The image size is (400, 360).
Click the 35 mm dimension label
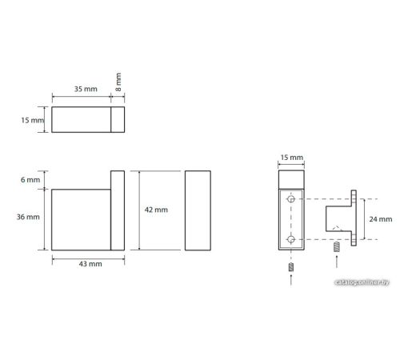click(86, 89)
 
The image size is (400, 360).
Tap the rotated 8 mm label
click(118, 82)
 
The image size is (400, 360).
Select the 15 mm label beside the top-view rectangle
click(33, 120)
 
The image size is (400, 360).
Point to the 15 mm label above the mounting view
click(292, 158)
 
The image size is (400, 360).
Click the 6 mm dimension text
click(30, 180)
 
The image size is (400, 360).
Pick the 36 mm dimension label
click(28, 217)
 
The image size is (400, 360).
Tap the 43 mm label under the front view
click(90, 264)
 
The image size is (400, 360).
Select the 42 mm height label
click(156, 210)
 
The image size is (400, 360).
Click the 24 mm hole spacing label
click(381, 219)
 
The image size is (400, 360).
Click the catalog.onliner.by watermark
click(362, 282)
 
